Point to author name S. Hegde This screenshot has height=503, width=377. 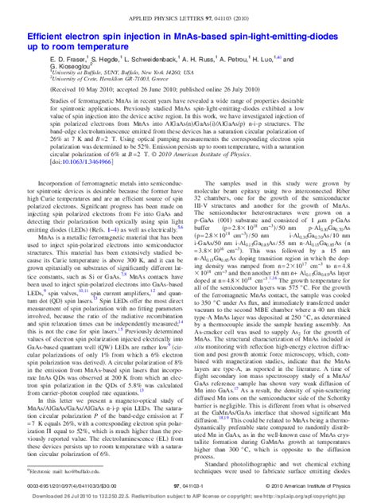coord(107,59)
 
